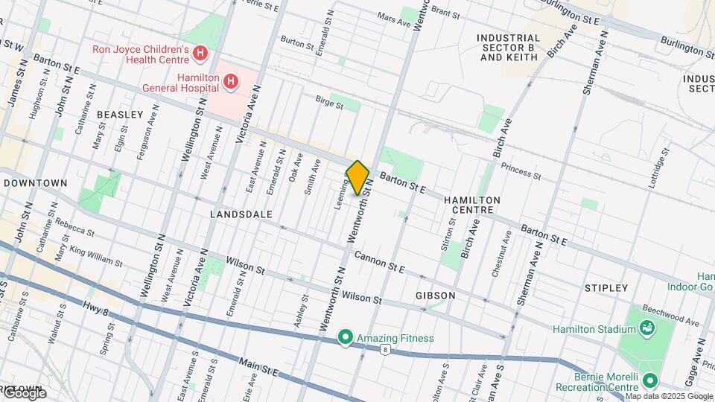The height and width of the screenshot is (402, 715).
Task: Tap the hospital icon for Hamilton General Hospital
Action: pos(232,80)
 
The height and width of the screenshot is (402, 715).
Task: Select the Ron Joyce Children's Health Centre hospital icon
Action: pos(199,53)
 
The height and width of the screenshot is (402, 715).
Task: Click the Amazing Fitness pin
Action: pos(345,338)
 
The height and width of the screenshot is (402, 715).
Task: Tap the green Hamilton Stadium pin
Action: pos(646,328)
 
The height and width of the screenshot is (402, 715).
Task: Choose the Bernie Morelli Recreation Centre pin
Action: pos(649,381)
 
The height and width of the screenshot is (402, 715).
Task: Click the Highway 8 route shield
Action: pos(385,348)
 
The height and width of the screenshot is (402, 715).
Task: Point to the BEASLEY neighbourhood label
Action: pos(119,115)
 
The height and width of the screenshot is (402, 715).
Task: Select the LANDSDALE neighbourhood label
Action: pos(241,214)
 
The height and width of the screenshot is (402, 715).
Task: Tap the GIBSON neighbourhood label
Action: pos(436,296)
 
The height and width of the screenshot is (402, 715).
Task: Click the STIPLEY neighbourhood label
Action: pos(606,287)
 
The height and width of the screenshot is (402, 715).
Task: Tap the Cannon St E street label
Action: pos(379,261)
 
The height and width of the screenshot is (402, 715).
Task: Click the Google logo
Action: pos(24,393)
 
